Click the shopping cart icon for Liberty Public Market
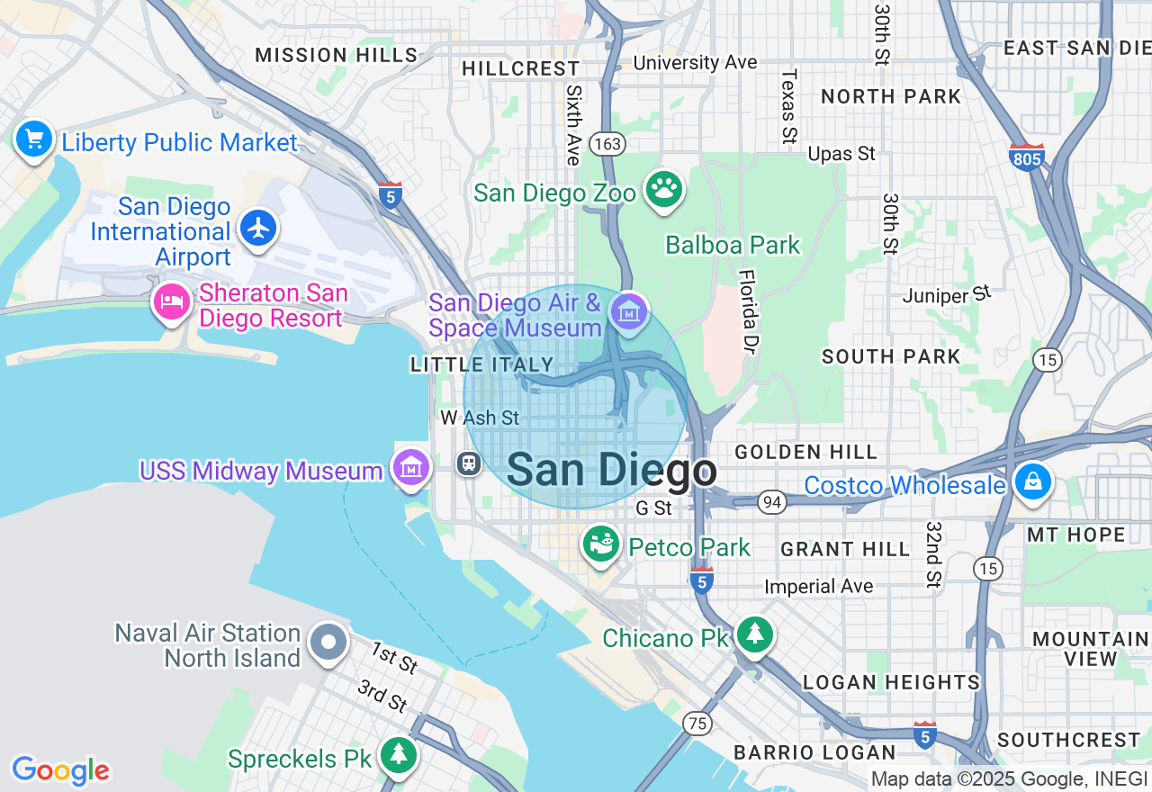click(x=34, y=139)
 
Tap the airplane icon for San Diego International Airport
click(x=259, y=228)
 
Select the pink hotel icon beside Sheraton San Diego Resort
click(x=171, y=301)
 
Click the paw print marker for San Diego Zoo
click(x=664, y=188)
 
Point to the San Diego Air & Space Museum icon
click(x=628, y=311)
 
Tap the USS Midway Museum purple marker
click(x=410, y=467)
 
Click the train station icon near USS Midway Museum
click(x=468, y=463)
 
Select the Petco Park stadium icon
click(x=600, y=543)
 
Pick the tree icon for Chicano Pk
click(x=754, y=634)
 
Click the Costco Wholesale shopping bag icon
click(x=1032, y=481)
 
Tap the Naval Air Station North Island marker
click(x=328, y=643)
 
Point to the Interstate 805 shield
click(x=1026, y=158)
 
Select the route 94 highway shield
click(x=771, y=502)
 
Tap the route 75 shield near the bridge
click(x=697, y=723)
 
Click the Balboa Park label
click(x=732, y=245)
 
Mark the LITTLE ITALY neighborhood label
click(x=481, y=364)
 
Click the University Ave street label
click(x=695, y=62)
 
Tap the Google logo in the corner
click(x=60, y=770)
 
